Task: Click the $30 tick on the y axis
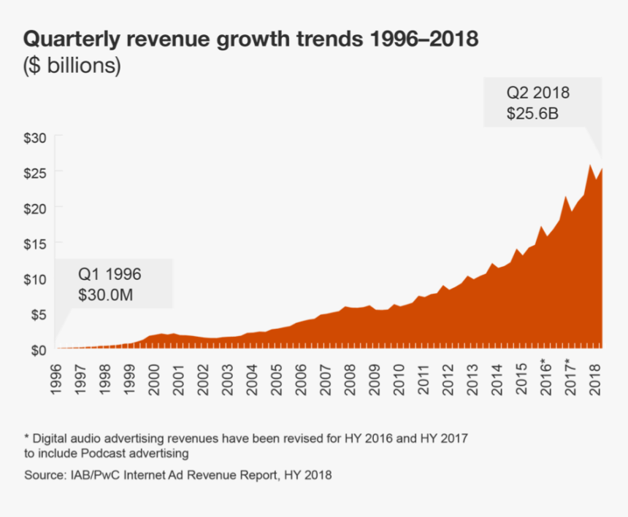coord(37,137)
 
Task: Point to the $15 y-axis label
coord(37,243)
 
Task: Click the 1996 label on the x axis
coord(56,378)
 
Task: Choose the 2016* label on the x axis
coord(545,377)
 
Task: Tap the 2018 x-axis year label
coord(595,378)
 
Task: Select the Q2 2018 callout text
coord(538,93)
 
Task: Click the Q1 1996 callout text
coord(110,275)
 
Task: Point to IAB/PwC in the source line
coord(92,475)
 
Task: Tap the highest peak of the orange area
coord(590,165)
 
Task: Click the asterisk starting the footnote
coord(27,438)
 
